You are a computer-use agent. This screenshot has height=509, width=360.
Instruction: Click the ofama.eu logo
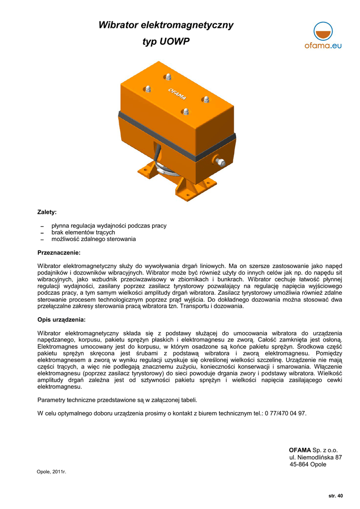(323, 38)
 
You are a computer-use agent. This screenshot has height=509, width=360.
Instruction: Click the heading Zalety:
(47, 212)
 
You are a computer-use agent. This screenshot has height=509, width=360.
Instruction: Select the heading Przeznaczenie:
(59, 253)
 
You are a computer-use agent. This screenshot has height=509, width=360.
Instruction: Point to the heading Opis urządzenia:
(61, 319)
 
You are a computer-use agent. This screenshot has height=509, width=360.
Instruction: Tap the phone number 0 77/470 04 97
(284, 413)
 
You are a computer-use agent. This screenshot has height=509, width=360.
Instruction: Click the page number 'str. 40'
(336, 496)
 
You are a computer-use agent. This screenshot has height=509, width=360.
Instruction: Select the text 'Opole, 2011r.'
(52, 472)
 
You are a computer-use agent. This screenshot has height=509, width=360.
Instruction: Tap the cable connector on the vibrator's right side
(220, 161)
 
